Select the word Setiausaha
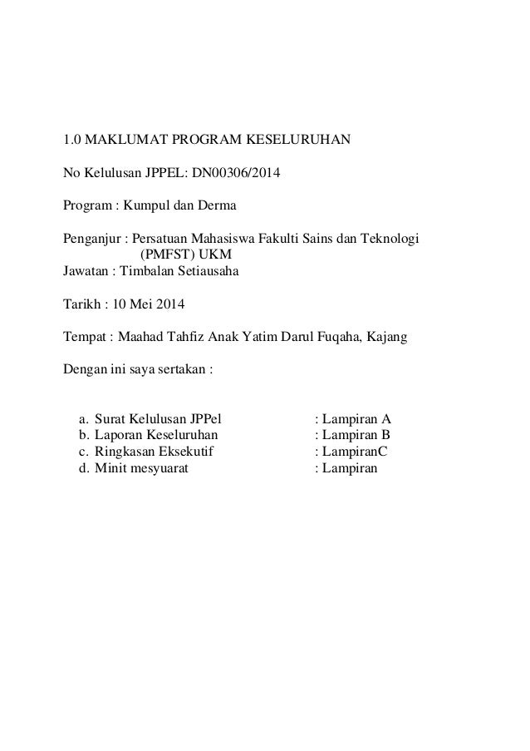pyautogui.click(x=207, y=270)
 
